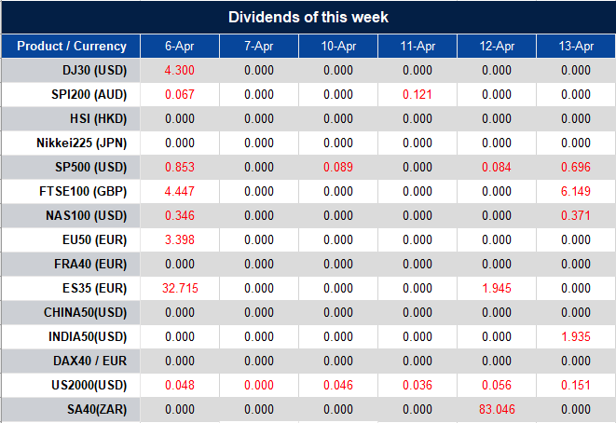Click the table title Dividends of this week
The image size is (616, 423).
pos(308,17)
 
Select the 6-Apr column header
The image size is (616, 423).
pos(179,47)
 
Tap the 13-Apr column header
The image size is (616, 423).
pos(577,47)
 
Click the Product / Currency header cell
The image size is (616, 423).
pos(71,47)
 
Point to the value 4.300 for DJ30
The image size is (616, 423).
pos(179,70)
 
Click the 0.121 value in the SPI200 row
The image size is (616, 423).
pos(418,94)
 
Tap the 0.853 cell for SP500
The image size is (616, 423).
pos(179,167)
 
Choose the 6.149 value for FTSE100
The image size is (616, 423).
pos(577,191)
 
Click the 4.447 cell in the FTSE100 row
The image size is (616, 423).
pos(179,191)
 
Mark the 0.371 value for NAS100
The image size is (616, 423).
pos(577,215)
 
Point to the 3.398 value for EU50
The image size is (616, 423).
pos(179,239)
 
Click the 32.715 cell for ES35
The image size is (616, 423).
pos(179,288)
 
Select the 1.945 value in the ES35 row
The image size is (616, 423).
pos(497,288)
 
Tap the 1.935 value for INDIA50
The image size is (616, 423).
pos(577,336)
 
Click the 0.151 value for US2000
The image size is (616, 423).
pos(577,385)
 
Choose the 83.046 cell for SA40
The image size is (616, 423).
pos(497,409)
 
